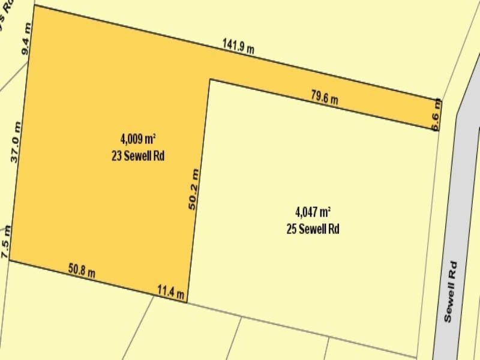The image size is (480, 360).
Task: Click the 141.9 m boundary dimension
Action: click(238, 46)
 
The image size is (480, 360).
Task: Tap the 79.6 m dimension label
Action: click(324, 97)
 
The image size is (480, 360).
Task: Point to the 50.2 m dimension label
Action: click(193, 188)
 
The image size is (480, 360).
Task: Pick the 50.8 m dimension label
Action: click(82, 271)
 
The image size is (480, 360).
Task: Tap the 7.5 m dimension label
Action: click(6, 242)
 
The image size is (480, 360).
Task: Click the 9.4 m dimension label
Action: click(26, 38)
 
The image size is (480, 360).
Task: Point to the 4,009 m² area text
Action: click(138, 139)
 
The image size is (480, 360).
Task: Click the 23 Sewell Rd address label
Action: click(138, 156)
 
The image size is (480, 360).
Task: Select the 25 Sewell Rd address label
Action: click(313, 229)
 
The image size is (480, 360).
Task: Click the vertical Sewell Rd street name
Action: click(451, 292)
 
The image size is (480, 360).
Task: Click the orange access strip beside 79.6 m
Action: click(360, 109)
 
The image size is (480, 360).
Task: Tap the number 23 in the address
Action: click(117, 156)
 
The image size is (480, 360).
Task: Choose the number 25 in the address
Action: click(292, 229)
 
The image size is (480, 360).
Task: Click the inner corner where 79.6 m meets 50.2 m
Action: click(209, 79)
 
